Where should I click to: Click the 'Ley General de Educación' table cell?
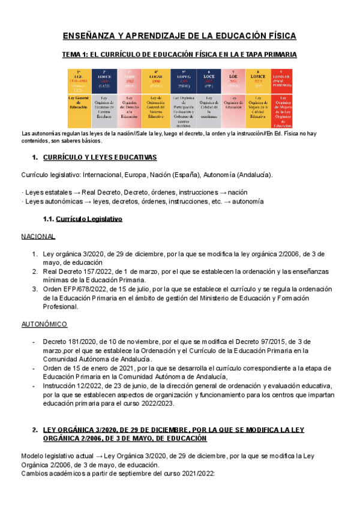(x=78, y=102)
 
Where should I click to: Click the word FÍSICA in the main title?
(x=277, y=37)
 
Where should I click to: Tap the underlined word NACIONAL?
(x=38, y=236)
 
